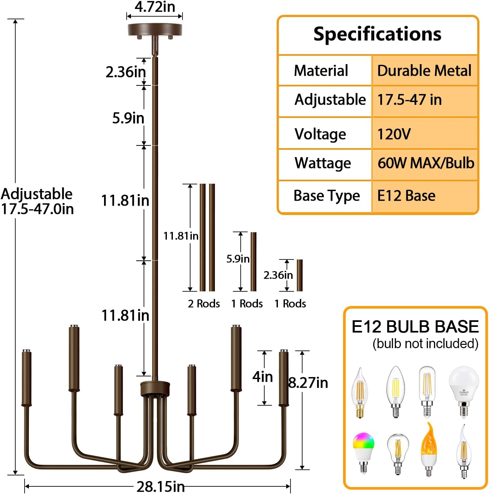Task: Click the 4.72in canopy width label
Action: pyautogui.click(x=155, y=7)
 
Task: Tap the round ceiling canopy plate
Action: pyautogui.click(x=155, y=30)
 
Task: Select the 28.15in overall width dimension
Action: pyautogui.click(x=161, y=487)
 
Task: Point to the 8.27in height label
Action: pyautogui.click(x=308, y=383)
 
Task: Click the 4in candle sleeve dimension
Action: pyautogui.click(x=263, y=377)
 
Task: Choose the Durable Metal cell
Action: pyautogui.click(x=424, y=71)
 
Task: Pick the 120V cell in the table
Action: pyautogui.click(x=394, y=134)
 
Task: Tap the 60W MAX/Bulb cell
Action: pyautogui.click(x=426, y=163)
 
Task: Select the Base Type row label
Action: pyautogui.click(x=326, y=196)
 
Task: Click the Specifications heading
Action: pyautogui.click(x=377, y=34)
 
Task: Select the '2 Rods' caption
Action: pyautogui.click(x=204, y=304)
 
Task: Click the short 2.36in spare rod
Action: pyautogui.click(x=300, y=275)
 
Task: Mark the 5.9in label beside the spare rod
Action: pyautogui.click(x=238, y=259)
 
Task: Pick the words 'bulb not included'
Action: pyautogui.click(x=425, y=344)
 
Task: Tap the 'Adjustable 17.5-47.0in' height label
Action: pyautogui.click(x=37, y=201)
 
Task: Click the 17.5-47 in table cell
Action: pyautogui.click(x=409, y=100)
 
